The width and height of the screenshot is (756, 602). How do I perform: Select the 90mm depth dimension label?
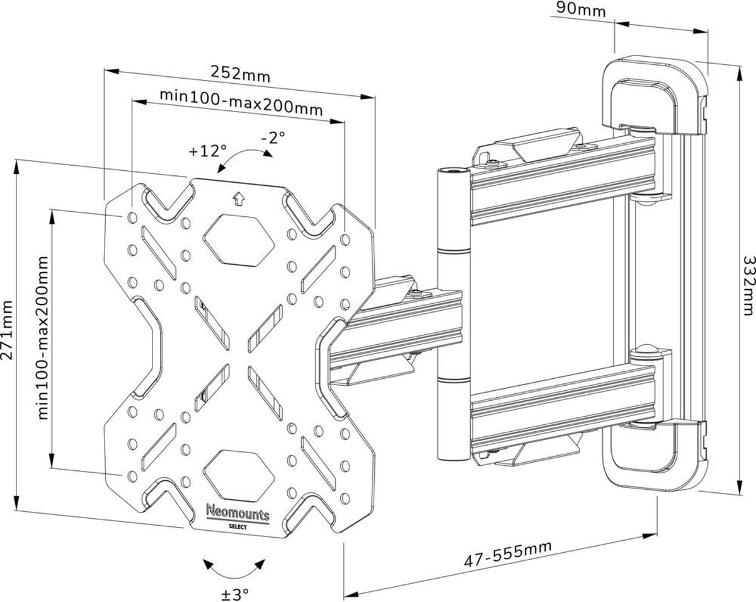[x=581, y=9]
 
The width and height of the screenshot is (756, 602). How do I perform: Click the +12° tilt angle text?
[x=207, y=151]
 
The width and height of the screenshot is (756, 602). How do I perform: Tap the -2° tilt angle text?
[x=273, y=136]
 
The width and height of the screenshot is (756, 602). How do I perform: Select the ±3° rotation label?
[x=235, y=593]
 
